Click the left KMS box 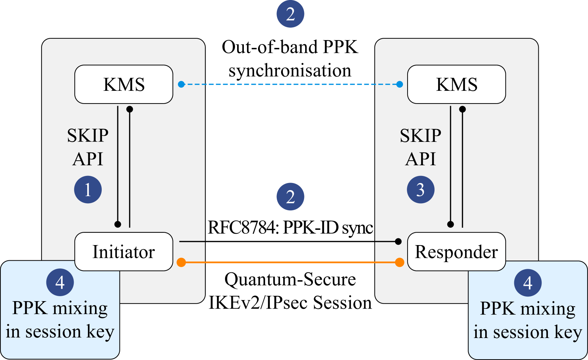(124, 84)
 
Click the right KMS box (457, 84)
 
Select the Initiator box (124, 252)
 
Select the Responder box (457, 252)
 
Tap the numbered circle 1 (88, 190)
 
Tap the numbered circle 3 (421, 190)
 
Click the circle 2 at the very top (290, 14)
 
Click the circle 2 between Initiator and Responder (290, 197)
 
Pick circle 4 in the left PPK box (60, 282)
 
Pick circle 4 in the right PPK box (528, 283)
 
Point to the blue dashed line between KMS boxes (290, 84)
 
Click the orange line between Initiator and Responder (290, 262)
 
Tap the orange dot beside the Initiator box (181, 262)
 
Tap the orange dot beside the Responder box (399, 262)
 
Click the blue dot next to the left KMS (181, 84)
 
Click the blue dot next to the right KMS (399, 84)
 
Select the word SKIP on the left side (88, 135)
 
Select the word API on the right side (421, 159)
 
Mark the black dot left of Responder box (398, 242)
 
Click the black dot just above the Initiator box (118, 224)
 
